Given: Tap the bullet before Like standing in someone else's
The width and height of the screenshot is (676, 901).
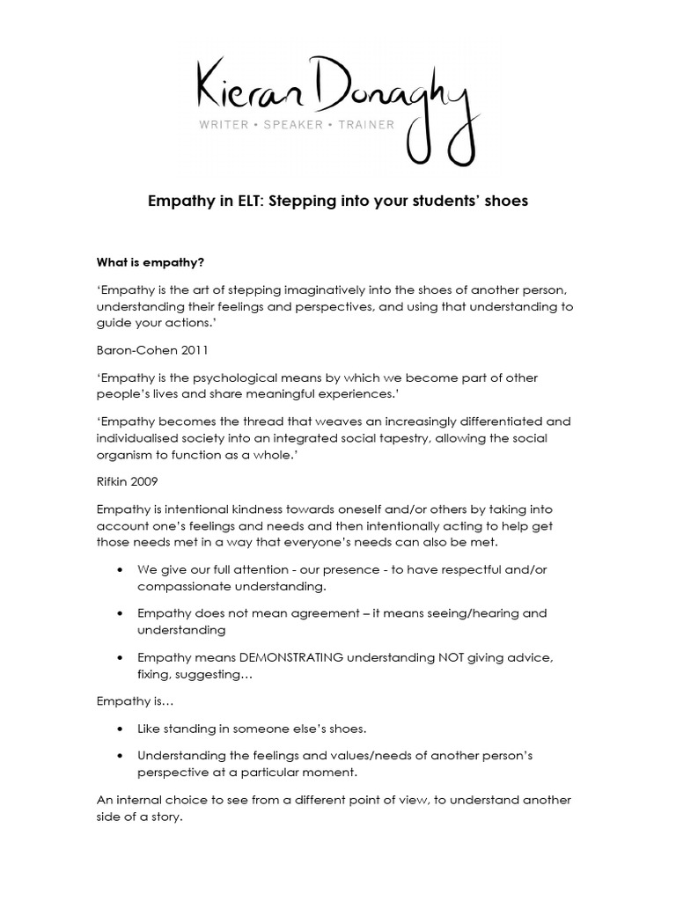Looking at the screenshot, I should click(x=119, y=729).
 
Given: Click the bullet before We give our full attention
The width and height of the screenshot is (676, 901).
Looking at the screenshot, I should click(x=119, y=569).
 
